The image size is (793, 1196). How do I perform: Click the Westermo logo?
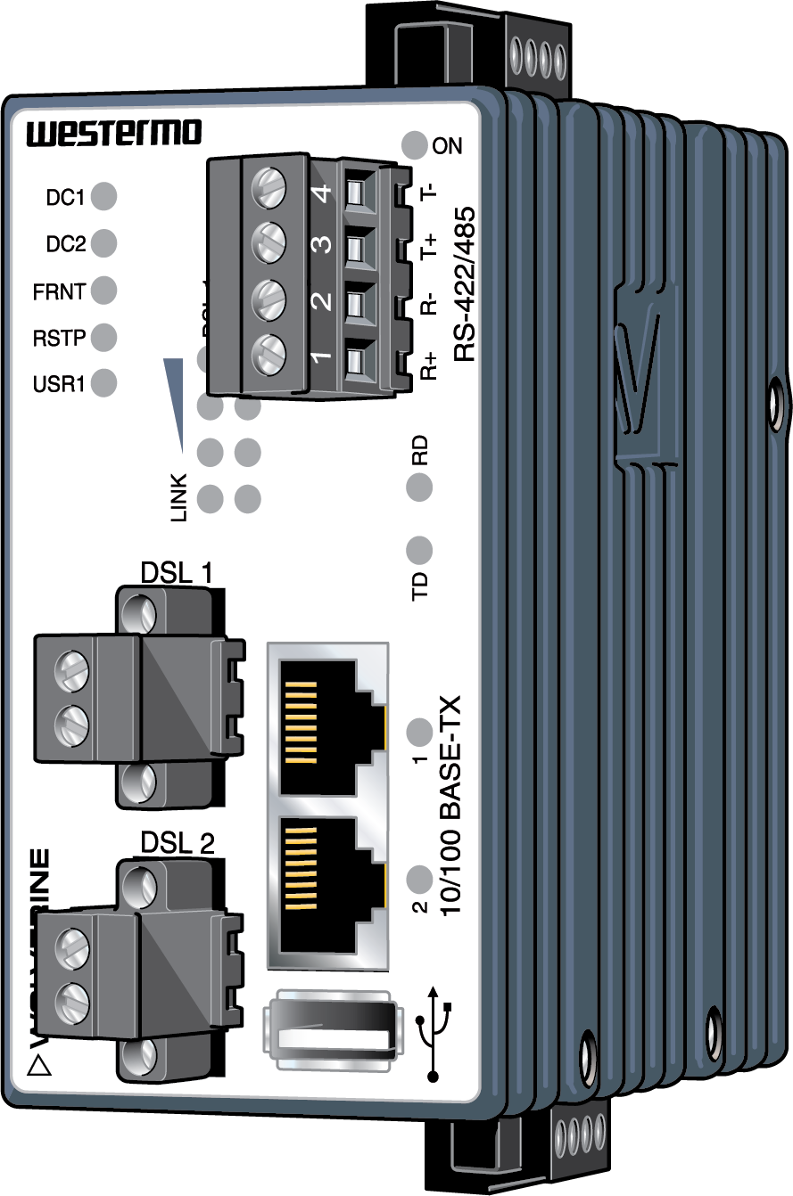114,135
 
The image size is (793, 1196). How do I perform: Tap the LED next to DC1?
104,195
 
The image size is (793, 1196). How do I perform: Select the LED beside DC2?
104,242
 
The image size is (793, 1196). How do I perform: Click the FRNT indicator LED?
104,290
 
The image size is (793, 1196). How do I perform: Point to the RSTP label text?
58,338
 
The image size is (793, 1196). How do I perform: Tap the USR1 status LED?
104,383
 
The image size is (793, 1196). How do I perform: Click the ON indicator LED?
415,144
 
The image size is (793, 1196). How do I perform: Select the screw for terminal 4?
269,190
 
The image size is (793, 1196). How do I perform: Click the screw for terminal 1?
269,356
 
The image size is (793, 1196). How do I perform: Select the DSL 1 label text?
177,571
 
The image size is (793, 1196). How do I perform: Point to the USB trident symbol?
434,1032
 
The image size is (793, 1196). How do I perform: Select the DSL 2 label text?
178,843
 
